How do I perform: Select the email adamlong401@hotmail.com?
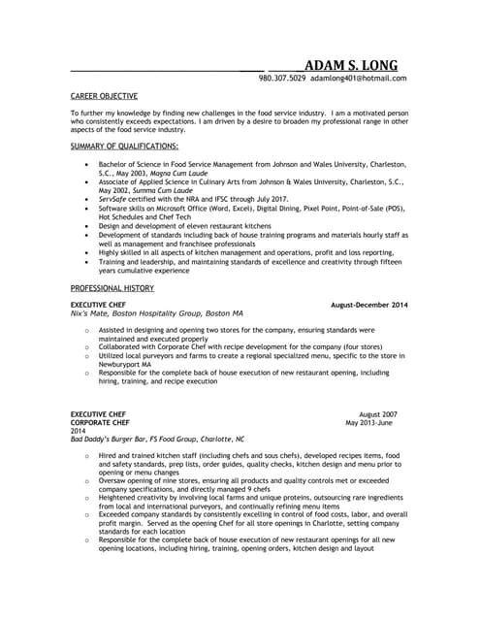358,79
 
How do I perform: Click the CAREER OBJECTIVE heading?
105,97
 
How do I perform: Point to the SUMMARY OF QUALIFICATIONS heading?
124,147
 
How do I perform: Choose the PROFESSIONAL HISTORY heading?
112,289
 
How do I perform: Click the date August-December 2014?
369,305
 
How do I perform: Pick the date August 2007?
378,414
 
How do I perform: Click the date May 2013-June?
371,423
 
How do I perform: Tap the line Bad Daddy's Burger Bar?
158,440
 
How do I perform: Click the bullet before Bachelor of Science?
88,165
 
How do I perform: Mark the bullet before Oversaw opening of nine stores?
87,479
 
